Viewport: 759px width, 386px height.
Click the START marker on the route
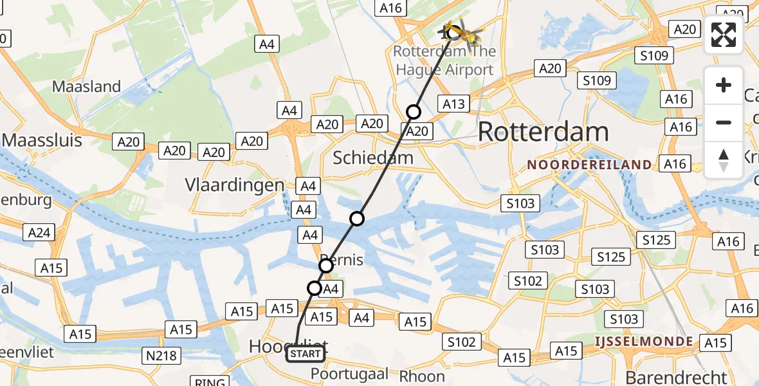[305, 353]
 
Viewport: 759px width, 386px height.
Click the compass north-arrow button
[724, 160]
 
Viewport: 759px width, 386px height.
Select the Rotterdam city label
[544, 132]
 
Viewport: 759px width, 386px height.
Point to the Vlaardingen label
[235, 185]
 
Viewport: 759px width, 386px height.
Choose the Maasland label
[86, 86]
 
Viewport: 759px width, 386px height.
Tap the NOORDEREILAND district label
[589, 165]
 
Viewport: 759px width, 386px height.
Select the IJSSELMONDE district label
[643, 342]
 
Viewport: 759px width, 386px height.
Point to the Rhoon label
[422, 376]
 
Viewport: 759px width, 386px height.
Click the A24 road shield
[40, 232]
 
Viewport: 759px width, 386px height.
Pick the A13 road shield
[453, 104]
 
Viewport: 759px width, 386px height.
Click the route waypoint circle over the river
[357, 219]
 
